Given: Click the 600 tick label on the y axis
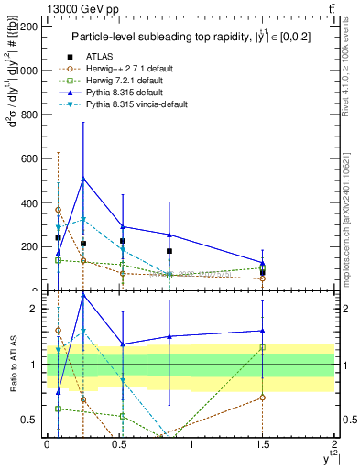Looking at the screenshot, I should [29, 158].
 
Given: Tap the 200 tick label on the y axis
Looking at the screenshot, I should [29, 246].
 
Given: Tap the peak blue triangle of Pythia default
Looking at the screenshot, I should [83, 179].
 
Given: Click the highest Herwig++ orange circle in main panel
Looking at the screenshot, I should [58, 210].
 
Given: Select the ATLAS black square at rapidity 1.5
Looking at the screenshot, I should [263, 272].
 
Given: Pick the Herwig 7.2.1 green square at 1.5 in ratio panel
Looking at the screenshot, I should [263, 347].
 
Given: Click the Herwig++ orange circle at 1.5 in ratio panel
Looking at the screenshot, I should [263, 398].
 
